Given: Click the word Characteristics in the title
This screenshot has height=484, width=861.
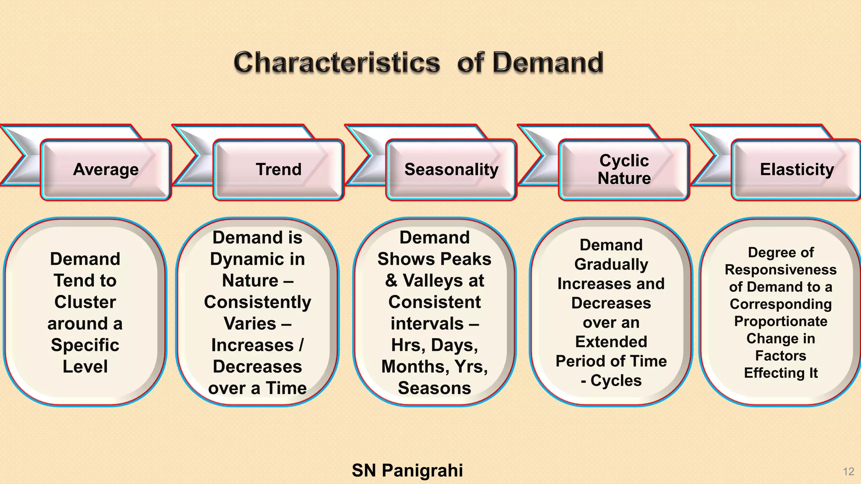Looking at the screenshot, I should tap(336, 63).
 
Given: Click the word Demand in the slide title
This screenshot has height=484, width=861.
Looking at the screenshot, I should tap(547, 63).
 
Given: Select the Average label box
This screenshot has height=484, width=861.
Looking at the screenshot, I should tap(106, 170).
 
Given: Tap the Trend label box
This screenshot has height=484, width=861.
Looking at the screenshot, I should tap(279, 170).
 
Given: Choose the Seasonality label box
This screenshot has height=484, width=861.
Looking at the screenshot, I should tap(451, 170).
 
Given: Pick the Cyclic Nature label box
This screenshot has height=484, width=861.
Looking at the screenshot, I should tap(624, 170).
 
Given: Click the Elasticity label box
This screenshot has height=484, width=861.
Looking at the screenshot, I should tap(797, 170).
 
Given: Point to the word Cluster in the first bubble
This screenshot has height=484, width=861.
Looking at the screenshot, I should tap(85, 302).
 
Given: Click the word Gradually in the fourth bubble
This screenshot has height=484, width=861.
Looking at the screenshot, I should tap(611, 265).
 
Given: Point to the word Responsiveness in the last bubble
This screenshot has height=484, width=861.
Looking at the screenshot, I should tap(781, 270).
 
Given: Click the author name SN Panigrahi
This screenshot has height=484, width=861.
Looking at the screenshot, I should tap(407, 471).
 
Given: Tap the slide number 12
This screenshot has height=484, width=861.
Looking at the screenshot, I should tap(848, 472).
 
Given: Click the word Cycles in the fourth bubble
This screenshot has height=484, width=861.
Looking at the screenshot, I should tap(616, 381).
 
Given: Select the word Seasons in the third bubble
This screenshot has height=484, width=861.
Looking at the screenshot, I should tap(434, 388).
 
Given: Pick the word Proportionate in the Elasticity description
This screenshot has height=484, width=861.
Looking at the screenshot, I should tap(781, 321).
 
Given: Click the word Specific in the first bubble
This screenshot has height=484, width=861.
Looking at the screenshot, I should tap(85, 345).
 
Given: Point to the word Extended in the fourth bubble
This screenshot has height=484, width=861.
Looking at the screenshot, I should tap(611, 342).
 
